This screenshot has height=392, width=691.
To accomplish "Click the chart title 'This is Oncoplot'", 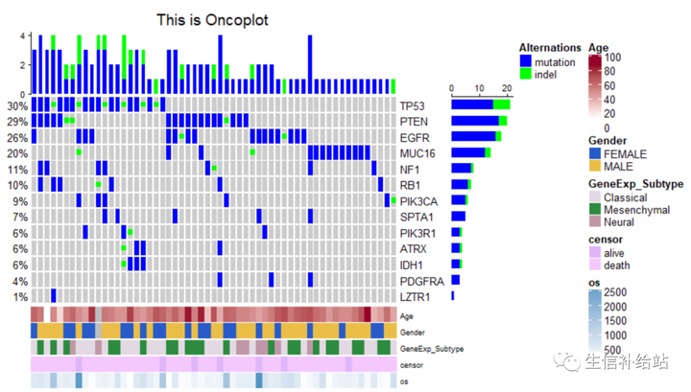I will (x=212, y=19).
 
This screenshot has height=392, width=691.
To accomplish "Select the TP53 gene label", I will (x=413, y=105).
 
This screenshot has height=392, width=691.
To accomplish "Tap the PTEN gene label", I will (x=414, y=122).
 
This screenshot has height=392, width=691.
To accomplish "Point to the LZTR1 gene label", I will (x=416, y=297).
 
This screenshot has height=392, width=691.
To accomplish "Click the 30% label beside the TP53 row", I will (x=16, y=105).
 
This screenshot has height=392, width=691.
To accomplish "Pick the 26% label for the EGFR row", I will (x=16, y=138).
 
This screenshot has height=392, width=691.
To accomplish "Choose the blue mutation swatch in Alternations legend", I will (x=525, y=60).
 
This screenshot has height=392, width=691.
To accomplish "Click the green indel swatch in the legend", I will (x=525, y=73).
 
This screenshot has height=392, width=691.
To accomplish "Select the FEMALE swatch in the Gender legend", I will (x=594, y=153).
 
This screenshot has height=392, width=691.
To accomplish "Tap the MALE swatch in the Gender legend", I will (x=594, y=167).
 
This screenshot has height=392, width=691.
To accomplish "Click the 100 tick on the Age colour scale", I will (x=612, y=58).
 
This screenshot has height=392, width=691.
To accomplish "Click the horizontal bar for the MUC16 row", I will (x=470, y=152).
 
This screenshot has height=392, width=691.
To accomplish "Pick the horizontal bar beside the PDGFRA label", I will (x=455, y=280).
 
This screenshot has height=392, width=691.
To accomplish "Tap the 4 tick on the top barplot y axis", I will (x=21, y=36).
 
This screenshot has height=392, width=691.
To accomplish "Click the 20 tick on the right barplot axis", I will (x=507, y=89).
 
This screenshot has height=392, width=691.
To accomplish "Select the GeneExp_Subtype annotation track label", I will (x=431, y=349).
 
